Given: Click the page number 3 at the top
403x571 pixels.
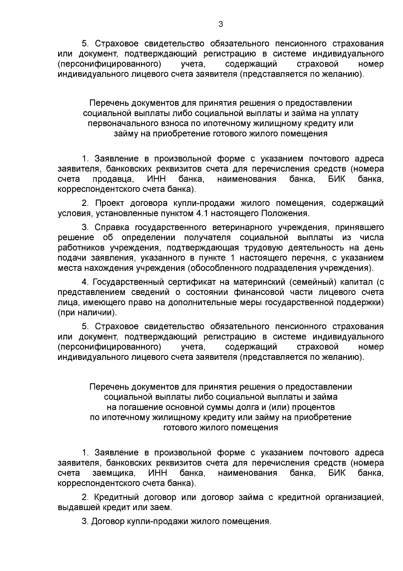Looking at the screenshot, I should (x=220, y=24).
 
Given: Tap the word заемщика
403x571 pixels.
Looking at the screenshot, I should (x=114, y=473).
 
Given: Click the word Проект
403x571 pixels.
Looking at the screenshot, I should (x=109, y=203).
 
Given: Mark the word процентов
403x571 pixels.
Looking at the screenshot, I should (x=313, y=407).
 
